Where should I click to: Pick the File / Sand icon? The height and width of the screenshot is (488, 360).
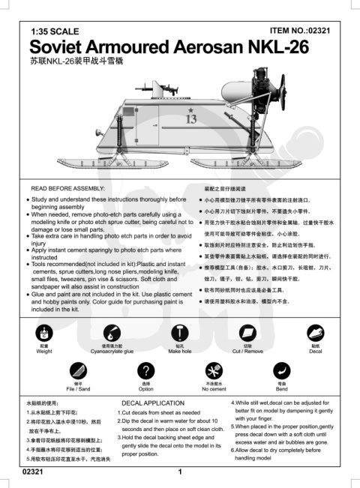[x=78, y=372]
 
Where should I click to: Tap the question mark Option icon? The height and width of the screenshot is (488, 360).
[x=146, y=372]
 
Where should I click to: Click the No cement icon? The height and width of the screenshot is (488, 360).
[x=214, y=372]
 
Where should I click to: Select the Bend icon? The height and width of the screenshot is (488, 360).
[x=281, y=372]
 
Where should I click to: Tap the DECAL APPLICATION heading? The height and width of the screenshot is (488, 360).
[x=152, y=403]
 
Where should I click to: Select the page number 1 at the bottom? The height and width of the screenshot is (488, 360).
[x=180, y=472]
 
